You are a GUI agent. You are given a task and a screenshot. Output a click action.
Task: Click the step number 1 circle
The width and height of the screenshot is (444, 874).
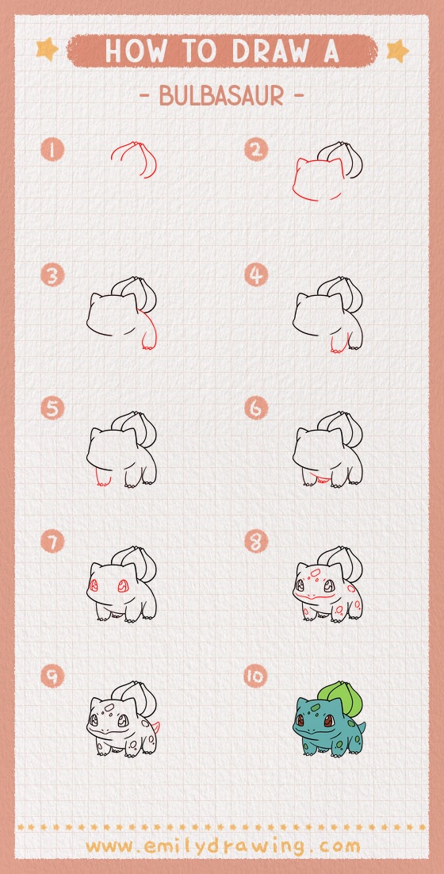(x=52, y=149)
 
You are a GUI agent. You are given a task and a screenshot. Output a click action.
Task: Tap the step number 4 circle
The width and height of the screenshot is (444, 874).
(x=256, y=275)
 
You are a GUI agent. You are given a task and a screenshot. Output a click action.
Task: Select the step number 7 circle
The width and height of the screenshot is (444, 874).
(x=52, y=542)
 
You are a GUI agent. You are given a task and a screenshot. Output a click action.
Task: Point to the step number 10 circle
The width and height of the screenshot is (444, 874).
(x=256, y=677)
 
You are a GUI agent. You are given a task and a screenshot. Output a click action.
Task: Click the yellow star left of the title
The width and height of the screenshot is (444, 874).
(x=47, y=50)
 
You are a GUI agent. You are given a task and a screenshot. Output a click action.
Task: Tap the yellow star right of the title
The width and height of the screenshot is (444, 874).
(x=396, y=51)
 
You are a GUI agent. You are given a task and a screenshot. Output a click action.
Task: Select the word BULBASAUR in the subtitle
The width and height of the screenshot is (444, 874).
(x=221, y=95)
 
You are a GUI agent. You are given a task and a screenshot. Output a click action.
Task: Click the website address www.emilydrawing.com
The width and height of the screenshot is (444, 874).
(x=222, y=845)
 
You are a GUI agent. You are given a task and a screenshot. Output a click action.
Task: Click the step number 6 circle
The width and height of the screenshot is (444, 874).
(x=256, y=408)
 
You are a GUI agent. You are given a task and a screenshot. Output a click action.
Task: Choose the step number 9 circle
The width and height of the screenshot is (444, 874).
(x=52, y=677)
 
